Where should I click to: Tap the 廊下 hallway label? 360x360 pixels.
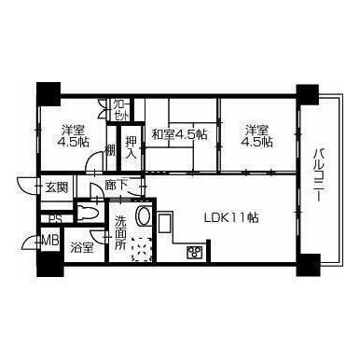118,186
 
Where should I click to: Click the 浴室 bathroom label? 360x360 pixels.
83,247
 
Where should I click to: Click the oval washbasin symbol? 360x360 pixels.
145,217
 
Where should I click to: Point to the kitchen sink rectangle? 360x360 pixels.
165,222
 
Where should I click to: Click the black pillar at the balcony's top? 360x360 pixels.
306,94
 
